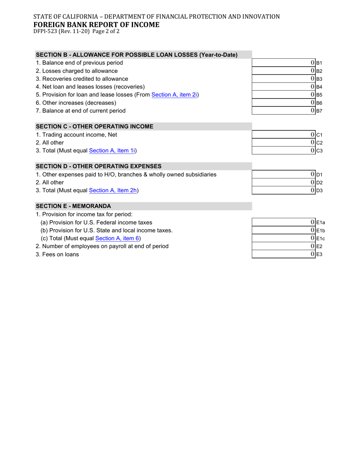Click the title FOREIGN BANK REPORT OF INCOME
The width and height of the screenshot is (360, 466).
96,25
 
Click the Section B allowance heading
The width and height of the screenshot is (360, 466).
136,55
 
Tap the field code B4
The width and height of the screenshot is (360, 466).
319,87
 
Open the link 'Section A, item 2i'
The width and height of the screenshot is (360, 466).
174,95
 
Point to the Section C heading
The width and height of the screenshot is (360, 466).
94,127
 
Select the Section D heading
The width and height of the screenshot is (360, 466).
99,166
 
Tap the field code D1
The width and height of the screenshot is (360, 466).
319,175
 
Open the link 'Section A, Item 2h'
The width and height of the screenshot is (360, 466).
113,191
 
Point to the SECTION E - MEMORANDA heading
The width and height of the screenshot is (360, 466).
74,206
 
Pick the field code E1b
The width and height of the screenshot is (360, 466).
321,231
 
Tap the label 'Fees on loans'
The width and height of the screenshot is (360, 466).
57,255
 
